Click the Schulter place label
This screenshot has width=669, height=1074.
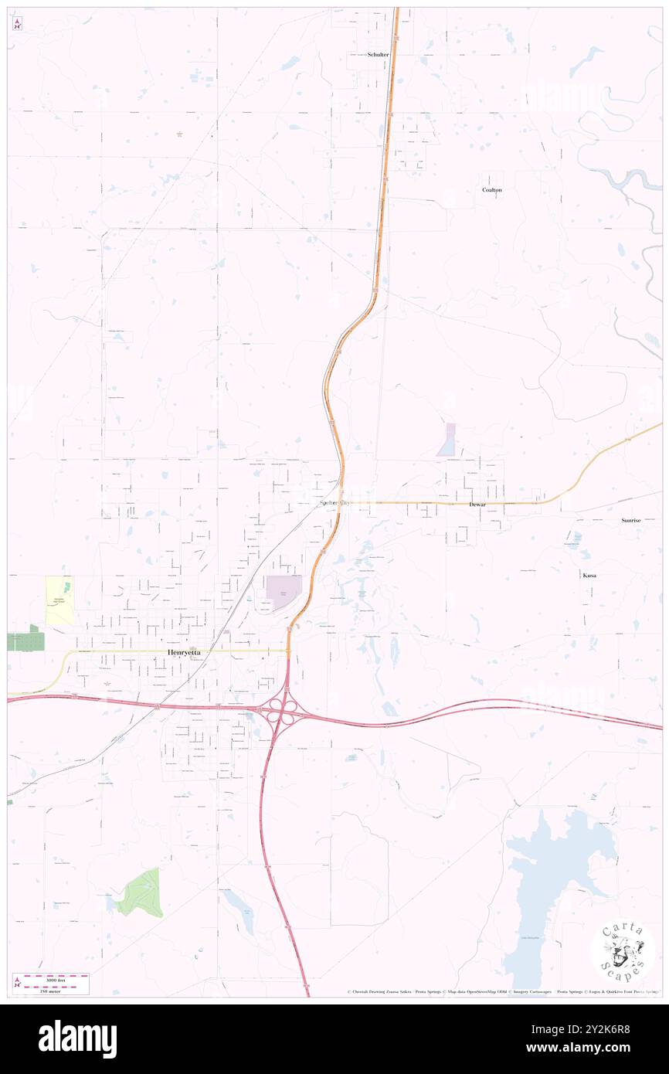point(379,55)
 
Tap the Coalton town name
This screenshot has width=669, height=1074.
point(492,189)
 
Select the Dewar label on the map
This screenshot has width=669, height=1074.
point(477,504)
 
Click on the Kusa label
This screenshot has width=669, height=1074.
point(589,576)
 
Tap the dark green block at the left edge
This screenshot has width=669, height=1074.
point(25,641)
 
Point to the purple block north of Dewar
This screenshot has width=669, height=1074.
point(447,440)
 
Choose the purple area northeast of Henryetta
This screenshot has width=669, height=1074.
point(284,591)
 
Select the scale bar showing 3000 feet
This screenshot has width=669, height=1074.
point(51,984)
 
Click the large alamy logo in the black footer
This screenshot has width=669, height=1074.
point(77,1038)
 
